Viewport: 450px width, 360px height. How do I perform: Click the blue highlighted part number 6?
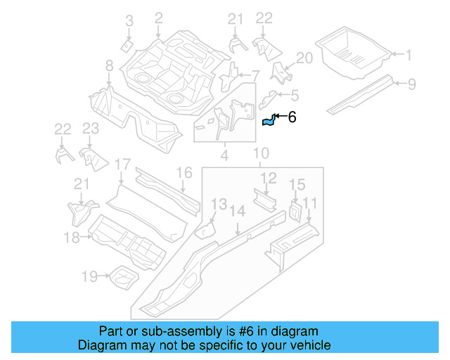tap(269, 122)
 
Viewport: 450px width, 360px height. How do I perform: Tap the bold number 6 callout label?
tap(292, 118)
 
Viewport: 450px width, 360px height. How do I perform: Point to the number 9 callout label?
tap(412, 84)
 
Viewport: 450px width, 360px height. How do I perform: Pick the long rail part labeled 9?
tap(362, 95)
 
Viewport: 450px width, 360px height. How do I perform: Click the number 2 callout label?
tap(158, 17)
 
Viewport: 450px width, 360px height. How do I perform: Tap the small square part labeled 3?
tap(126, 46)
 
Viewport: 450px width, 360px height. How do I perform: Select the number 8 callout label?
tap(109, 66)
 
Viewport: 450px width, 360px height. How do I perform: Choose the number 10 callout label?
tap(260, 153)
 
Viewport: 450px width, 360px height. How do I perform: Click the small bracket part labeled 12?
tap(265, 200)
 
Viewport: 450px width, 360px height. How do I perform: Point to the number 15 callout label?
tap(297, 184)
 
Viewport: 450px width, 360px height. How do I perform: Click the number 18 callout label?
tap(72, 238)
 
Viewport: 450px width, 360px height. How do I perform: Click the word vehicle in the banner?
tap(307, 345)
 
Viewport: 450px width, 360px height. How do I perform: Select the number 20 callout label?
tap(303, 58)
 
